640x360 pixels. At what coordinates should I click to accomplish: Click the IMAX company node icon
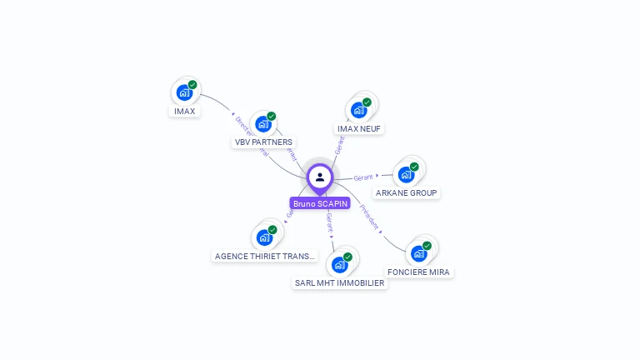coord(184,92)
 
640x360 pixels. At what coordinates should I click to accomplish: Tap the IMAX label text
coord(184,111)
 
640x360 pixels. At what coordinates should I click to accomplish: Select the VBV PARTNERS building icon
coord(263,124)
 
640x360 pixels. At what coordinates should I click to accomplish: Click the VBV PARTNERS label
coord(263,142)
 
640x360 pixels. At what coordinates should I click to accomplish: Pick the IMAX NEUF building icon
coord(358,110)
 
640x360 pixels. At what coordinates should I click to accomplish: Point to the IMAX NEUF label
coord(359,129)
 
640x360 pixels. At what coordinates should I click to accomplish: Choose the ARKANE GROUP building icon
coord(406,174)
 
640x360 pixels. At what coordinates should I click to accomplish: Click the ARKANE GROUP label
coord(406,193)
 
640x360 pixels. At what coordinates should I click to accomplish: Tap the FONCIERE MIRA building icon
coord(418,253)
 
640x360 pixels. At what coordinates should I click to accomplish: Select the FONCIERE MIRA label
coord(418,272)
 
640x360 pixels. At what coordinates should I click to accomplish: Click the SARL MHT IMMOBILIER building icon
coord(339,265)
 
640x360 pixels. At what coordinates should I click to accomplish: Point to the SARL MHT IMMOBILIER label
coord(339,283)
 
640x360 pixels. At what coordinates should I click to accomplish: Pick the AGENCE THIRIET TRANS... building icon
coord(264,237)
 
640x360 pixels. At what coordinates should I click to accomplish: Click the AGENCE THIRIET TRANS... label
coord(265,257)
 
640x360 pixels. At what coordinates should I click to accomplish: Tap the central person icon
coord(320,177)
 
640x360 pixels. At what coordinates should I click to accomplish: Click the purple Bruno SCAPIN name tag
coord(320,203)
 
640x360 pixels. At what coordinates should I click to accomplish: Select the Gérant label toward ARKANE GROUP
coord(363,177)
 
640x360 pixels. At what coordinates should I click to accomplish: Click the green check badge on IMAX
coord(192,84)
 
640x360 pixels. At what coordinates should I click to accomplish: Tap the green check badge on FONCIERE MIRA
coord(427,246)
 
